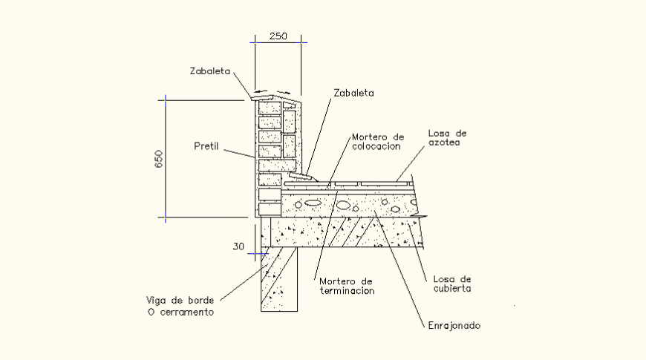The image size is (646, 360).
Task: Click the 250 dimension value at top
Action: click(x=278, y=36)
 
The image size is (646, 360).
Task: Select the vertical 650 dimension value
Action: click(x=158, y=158)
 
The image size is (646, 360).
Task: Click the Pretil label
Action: click(x=206, y=145)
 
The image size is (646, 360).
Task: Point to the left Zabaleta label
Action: click(x=210, y=72)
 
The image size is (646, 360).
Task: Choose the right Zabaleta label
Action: click(x=353, y=94)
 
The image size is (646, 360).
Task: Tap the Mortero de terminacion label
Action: click(x=346, y=286)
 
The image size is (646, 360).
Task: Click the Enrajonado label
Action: click(x=454, y=325)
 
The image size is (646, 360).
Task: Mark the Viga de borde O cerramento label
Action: click(x=180, y=307)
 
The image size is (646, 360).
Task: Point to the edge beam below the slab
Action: click(x=278, y=278)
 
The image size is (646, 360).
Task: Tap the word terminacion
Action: click(x=346, y=291)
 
